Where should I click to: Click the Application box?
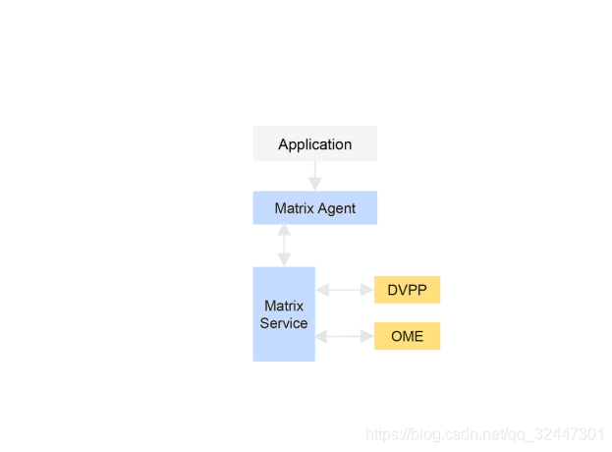tap(315, 143)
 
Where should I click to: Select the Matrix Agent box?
tap(315, 207)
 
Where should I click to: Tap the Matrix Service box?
tap(284, 313)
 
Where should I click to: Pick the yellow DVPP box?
tap(407, 290)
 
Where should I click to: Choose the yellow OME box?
tap(407, 336)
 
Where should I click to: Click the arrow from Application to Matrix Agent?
tap(315, 176)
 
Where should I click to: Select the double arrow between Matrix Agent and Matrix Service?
tap(284, 245)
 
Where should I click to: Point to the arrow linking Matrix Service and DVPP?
tap(345, 290)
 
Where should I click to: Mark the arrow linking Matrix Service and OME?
tap(345, 336)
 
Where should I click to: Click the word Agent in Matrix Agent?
tap(337, 209)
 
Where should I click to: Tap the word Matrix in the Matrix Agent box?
tap(295, 208)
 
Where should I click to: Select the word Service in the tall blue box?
tap(284, 323)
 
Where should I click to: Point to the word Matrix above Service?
tap(284, 306)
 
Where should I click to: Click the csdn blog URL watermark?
tap(484, 434)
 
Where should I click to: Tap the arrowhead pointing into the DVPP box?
tap(367, 290)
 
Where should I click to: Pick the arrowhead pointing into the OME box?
tap(367, 336)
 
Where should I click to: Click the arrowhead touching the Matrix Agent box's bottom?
tap(284, 230)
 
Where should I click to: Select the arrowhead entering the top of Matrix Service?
tap(284, 260)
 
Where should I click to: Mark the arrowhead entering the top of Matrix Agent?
tap(315, 184)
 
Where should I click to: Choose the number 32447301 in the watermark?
tap(569, 433)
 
